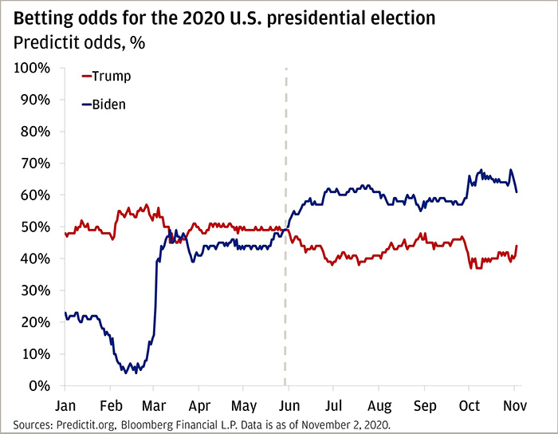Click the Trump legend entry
click(111, 77)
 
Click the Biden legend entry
click(108, 105)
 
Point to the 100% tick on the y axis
click(33, 68)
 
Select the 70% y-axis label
click(36, 164)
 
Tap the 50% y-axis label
click(36, 227)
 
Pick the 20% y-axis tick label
click(36, 322)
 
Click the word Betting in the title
click(46, 18)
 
